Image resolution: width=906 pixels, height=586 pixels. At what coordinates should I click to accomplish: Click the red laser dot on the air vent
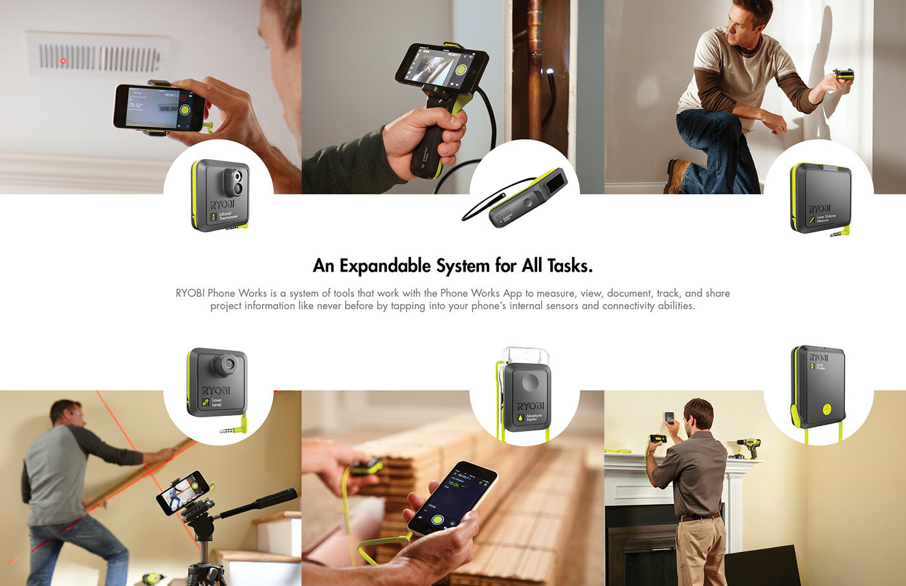(63, 61)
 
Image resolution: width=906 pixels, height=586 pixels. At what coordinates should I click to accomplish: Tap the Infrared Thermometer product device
(220, 196)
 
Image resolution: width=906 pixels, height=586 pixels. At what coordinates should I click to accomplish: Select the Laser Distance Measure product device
(820, 199)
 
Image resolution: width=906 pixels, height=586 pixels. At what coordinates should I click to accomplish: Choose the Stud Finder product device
(817, 387)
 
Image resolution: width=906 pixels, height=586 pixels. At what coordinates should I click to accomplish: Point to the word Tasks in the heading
(569, 266)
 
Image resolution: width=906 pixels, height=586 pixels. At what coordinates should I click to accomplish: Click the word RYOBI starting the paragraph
(190, 293)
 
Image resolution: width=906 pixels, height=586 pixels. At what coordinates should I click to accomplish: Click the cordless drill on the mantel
(749, 447)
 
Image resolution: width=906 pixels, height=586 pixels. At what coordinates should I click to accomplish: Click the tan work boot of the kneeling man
(677, 175)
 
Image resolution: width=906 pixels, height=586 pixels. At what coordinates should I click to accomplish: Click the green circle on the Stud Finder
(826, 409)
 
